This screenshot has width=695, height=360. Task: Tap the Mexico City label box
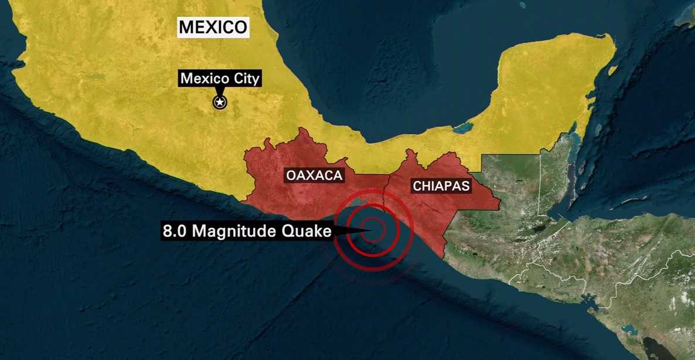click(220, 79)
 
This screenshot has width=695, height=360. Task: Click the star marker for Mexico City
click(220, 103)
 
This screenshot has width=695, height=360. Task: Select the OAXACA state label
click(314, 175)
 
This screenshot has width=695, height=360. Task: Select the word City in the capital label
click(246, 79)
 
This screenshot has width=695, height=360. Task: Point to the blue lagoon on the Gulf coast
click(464, 127)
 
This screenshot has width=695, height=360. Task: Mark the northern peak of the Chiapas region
click(411, 152)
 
